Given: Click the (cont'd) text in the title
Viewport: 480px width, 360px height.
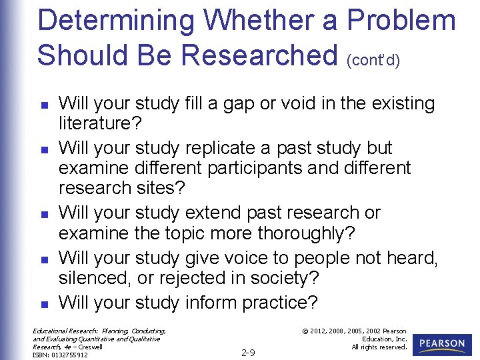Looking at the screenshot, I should pos(373,61).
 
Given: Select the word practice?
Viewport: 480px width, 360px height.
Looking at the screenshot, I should pos(279,303).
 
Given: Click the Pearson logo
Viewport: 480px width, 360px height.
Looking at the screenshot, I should pos(442,345).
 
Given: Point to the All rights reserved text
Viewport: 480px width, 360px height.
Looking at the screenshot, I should pos(379,347).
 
